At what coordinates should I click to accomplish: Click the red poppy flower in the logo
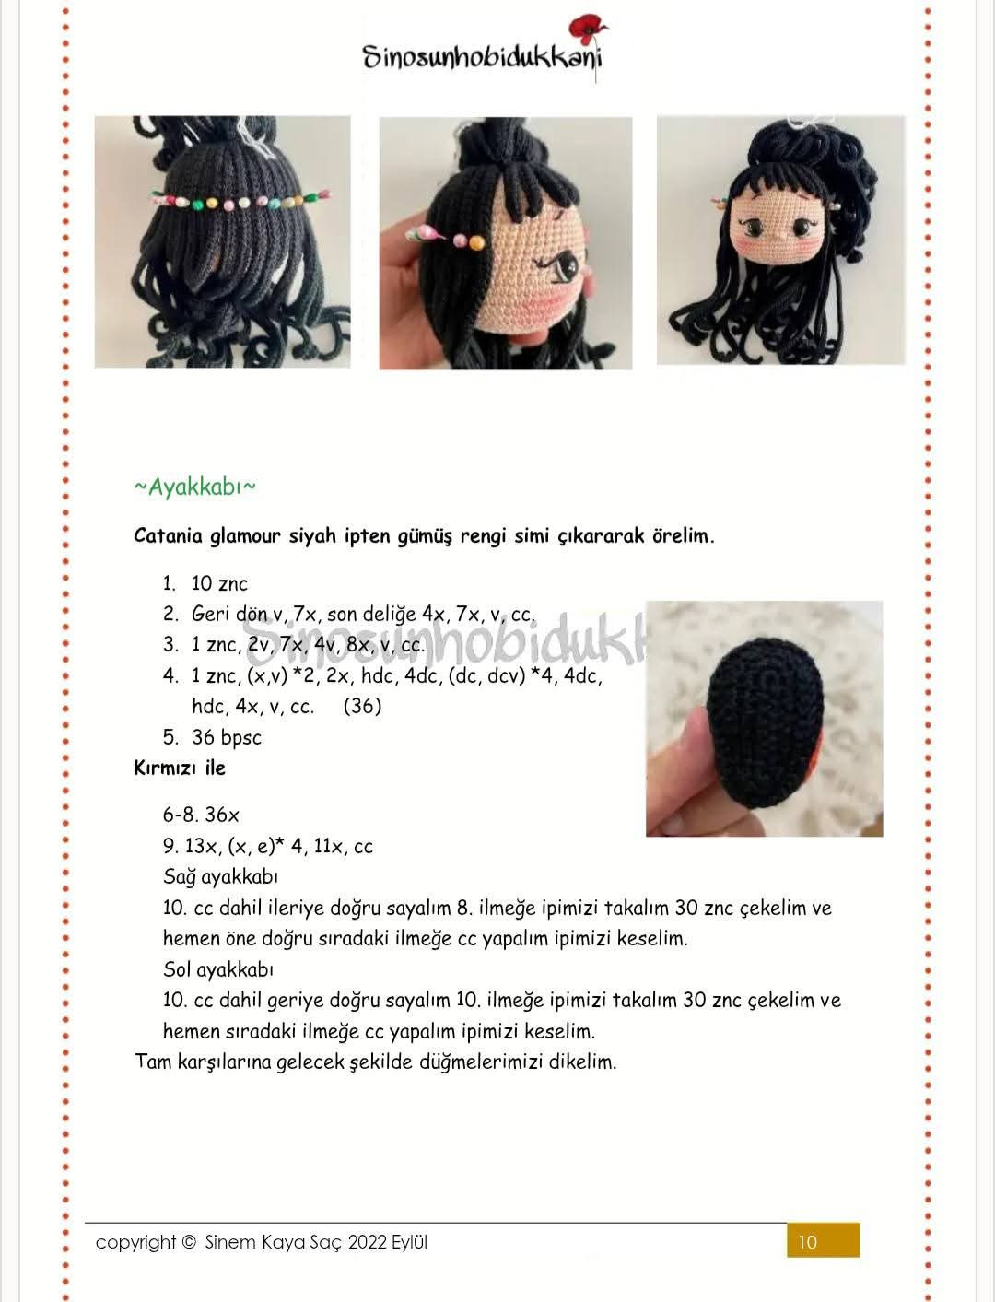586,29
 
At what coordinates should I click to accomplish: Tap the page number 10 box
823,1240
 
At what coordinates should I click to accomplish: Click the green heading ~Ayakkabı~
194,487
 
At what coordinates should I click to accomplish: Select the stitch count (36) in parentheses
362,706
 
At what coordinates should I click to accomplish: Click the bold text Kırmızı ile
180,768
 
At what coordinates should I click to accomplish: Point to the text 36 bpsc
227,737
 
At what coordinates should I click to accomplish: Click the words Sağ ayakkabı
220,876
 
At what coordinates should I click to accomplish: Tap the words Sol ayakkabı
218,969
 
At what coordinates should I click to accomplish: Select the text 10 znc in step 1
219,583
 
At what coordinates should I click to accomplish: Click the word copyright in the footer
135,1242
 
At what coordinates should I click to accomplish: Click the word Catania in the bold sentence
169,535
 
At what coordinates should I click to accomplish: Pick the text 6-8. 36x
201,815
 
